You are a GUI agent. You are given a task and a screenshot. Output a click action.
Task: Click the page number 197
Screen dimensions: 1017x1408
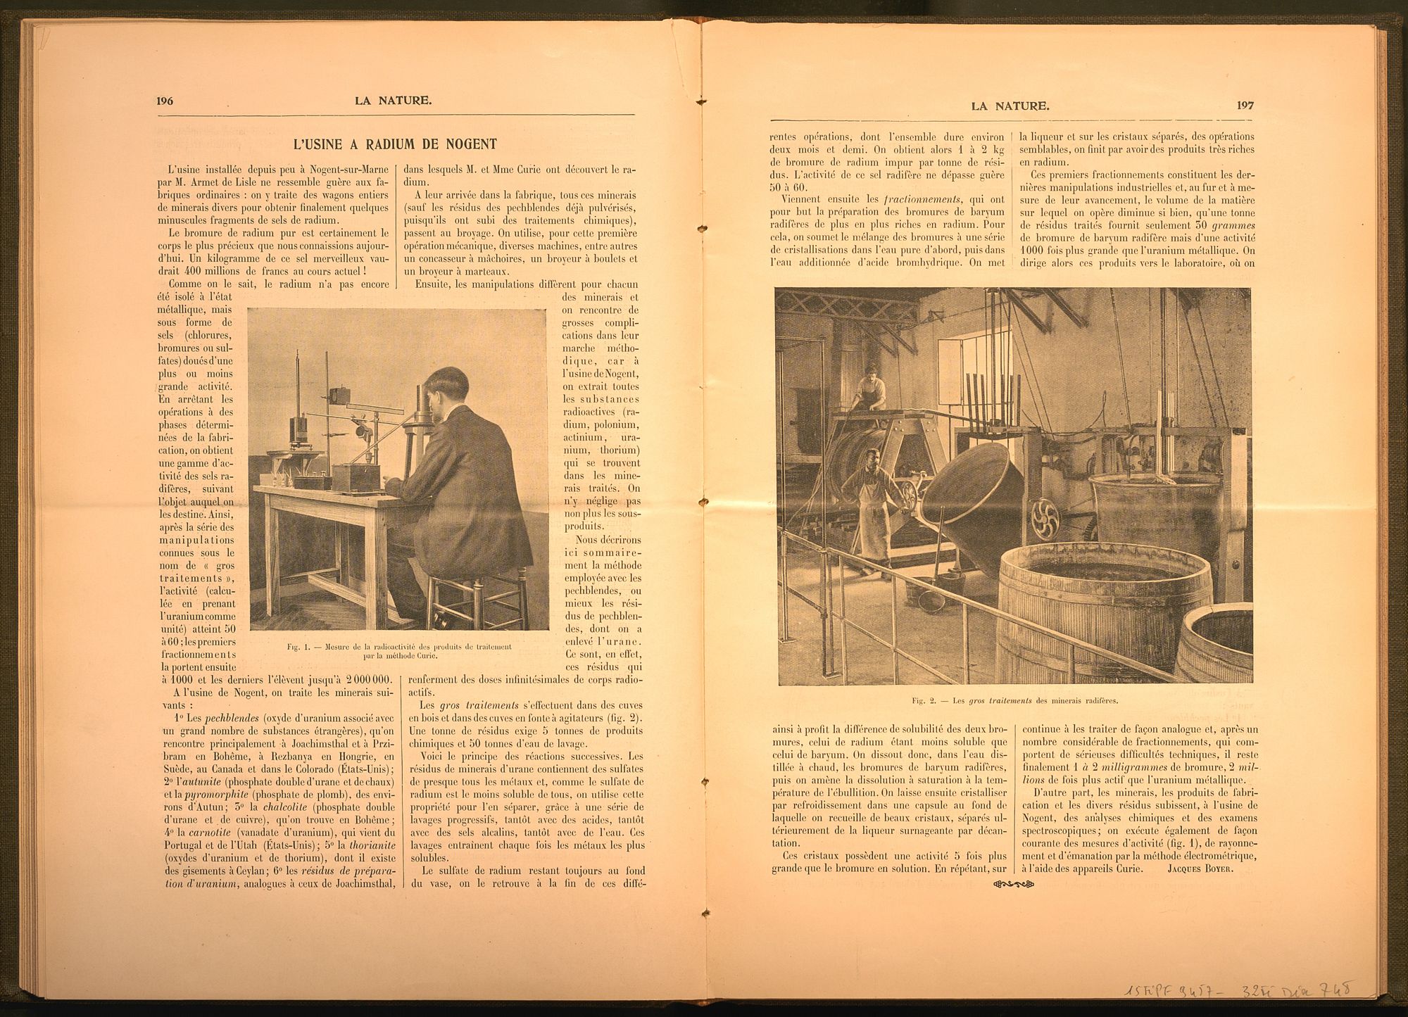[x=1245, y=106]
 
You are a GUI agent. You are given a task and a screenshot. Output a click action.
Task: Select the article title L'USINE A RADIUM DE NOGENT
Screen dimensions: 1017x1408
[x=395, y=144]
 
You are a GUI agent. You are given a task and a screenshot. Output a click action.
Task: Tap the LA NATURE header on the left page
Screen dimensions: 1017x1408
[x=394, y=101]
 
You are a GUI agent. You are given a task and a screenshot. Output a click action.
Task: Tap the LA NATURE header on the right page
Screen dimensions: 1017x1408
[x=1010, y=106]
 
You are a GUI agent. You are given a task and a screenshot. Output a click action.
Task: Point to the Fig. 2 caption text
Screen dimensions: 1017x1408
[x=1014, y=701]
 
